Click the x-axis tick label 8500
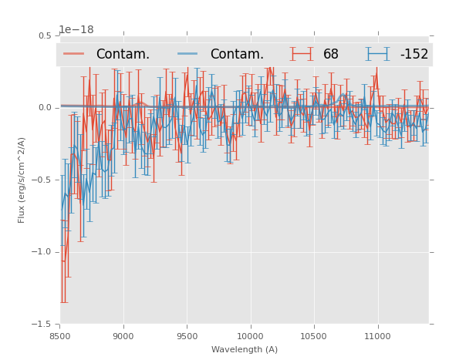coord(59,336)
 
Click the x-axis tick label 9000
coord(123,336)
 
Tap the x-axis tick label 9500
coord(187,336)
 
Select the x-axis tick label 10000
coord(250,336)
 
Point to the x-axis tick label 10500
coord(313,336)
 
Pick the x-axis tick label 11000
coord(377,336)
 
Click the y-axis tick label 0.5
coord(45,35)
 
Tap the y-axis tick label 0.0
coord(45,108)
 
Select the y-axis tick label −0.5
coord(42,180)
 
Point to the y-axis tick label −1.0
coord(42,252)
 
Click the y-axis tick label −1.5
coord(42,324)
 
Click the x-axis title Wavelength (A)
coord(245,349)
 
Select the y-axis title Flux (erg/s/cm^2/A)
coord(22,180)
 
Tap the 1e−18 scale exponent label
coord(76,30)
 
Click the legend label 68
coord(331,55)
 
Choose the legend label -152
coord(414,55)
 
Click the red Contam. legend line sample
coord(74,54)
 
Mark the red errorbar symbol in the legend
coord(302,54)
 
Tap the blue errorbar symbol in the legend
coord(378,54)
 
